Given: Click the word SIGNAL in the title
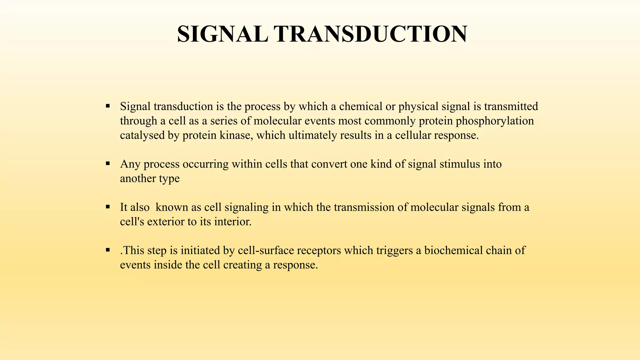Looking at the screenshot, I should pos(222,34).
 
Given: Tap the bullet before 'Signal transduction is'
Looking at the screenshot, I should pos(108,106).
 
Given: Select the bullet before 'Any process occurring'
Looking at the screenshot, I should pos(108,163).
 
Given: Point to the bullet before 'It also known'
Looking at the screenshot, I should pos(108,207).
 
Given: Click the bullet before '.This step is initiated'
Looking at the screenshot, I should pos(108,250).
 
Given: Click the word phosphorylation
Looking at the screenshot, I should pos(495,121).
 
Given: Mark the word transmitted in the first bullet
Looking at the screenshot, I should pos(511,107).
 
